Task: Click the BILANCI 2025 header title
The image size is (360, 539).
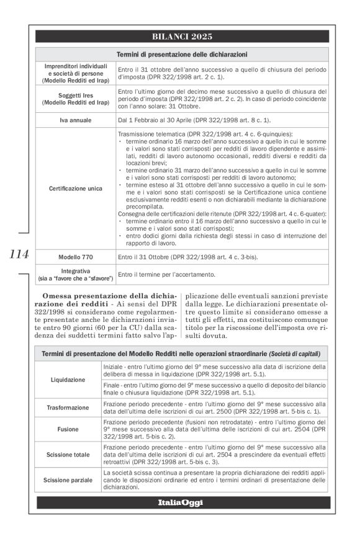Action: (182, 37)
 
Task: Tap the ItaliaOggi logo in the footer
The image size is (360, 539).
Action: (182, 502)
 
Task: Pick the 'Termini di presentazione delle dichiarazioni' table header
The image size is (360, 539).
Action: (182, 54)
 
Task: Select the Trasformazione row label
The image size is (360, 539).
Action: (69, 408)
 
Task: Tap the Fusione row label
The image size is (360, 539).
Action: (69, 429)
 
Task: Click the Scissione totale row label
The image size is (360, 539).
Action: (69, 454)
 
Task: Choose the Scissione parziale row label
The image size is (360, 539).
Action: (69, 479)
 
